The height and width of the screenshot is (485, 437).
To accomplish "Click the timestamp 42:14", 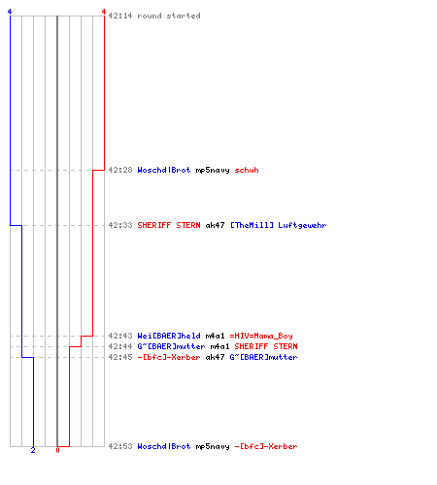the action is click(120, 16).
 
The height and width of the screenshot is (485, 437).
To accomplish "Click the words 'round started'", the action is click(169, 16).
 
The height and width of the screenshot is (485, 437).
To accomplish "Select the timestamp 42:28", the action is click(120, 170).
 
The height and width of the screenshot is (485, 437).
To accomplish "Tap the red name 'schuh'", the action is click(247, 170).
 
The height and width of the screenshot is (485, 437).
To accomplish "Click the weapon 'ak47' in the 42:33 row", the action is click(215, 225).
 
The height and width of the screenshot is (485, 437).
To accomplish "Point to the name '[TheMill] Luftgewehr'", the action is click(278, 225).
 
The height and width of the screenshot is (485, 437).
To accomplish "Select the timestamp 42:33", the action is click(120, 225).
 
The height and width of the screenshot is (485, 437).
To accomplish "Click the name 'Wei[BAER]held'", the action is click(169, 336).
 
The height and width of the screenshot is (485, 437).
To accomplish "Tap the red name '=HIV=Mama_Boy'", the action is click(261, 336).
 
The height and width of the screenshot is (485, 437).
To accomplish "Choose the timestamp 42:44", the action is click(120, 346).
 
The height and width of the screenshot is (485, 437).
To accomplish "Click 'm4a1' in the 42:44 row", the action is click(219, 346).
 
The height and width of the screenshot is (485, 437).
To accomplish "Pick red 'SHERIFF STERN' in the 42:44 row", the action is click(266, 346).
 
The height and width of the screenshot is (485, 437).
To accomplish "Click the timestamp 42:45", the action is click(120, 357).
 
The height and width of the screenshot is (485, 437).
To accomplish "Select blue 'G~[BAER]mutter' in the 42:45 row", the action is click(263, 357).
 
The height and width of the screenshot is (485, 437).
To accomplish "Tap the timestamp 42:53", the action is click(120, 446).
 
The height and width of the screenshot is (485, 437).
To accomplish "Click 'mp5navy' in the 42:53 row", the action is click(213, 446).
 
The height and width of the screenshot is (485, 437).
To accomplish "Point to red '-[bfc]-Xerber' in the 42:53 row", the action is click(266, 446).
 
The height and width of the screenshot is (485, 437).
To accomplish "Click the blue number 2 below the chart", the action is click(33, 450).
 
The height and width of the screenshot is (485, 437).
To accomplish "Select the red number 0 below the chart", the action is click(57, 450).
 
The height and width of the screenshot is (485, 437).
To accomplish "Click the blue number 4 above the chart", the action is click(10, 12).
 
